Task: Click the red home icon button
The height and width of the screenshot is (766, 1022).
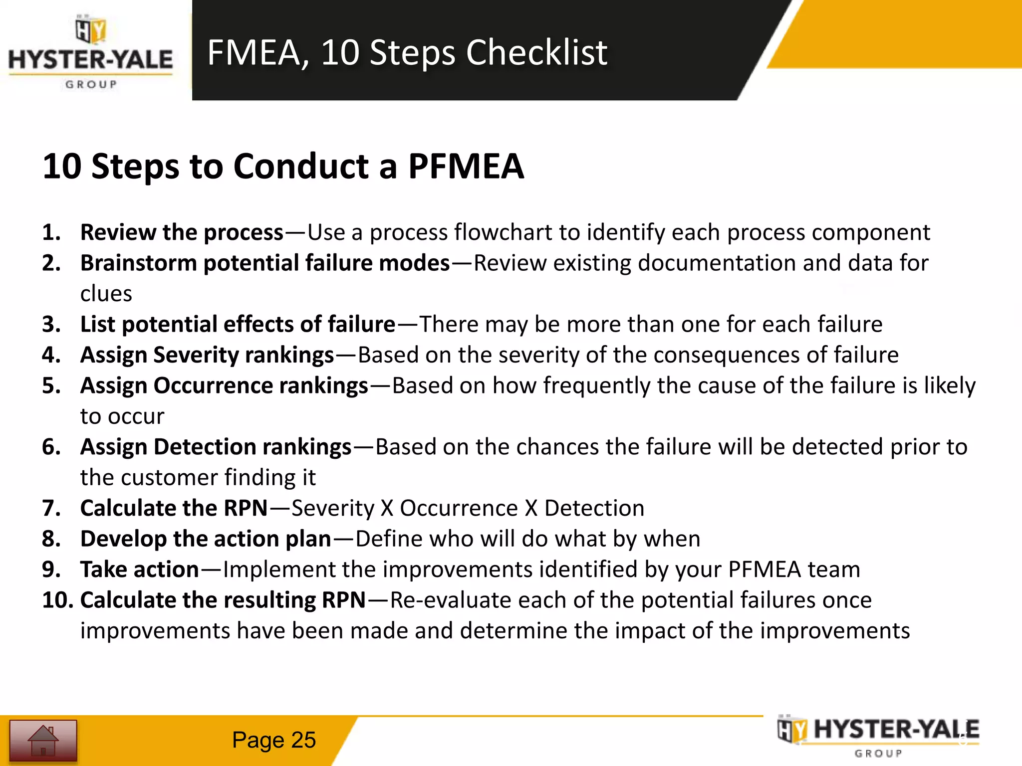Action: click(x=43, y=741)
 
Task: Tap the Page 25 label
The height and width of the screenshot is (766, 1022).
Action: click(x=273, y=740)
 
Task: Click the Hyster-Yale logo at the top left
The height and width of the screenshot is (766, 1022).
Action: click(x=91, y=54)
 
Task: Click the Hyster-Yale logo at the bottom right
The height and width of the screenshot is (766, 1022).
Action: click(x=878, y=737)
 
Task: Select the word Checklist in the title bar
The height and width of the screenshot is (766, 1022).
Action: click(x=536, y=52)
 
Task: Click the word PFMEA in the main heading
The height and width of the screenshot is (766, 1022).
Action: click(x=466, y=166)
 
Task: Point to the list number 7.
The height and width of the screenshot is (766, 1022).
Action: click(x=51, y=508)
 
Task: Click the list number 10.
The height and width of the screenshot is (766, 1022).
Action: click(x=57, y=600)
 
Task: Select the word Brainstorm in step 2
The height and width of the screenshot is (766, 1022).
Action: click(x=139, y=263)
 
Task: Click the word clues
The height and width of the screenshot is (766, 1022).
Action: click(x=106, y=294)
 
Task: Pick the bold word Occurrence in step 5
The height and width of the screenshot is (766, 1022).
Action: click(x=213, y=385)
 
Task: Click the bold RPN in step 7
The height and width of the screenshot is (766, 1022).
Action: click(x=246, y=508)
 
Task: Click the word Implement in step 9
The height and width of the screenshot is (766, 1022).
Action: click(x=274, y=570)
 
